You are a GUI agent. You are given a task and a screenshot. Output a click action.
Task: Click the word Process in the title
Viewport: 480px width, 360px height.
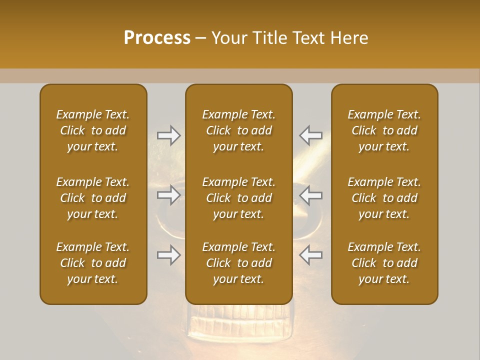click(157, 38)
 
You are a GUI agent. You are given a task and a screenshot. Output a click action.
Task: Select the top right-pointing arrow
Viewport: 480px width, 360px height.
click(168, 135)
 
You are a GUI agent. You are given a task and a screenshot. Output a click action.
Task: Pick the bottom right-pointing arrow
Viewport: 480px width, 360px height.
click(168, 255)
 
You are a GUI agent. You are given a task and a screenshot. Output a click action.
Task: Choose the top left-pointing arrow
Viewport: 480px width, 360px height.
click(311, 135)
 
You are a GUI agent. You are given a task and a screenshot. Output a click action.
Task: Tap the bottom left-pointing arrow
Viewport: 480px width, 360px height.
click(311, 255)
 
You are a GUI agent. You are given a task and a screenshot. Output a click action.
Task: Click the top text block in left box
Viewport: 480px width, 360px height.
click(93, 130)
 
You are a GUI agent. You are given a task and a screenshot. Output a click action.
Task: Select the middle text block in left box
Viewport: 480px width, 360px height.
click(93, 198)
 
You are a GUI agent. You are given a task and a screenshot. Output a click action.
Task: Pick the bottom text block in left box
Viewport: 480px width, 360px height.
click(93, 263)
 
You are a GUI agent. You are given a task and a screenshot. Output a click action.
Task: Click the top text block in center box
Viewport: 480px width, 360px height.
click(238, 130)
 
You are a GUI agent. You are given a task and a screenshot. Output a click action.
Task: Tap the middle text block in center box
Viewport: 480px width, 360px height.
click(238, 198)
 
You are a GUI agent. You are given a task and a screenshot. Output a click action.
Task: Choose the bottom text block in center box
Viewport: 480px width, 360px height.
click(238, 263)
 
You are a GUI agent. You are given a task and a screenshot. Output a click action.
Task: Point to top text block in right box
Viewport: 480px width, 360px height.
click(384, 130)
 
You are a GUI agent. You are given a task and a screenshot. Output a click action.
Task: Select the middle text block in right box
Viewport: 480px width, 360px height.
click(384, 198)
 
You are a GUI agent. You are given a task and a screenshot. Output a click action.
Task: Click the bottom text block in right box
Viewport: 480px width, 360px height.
click(384, 263)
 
